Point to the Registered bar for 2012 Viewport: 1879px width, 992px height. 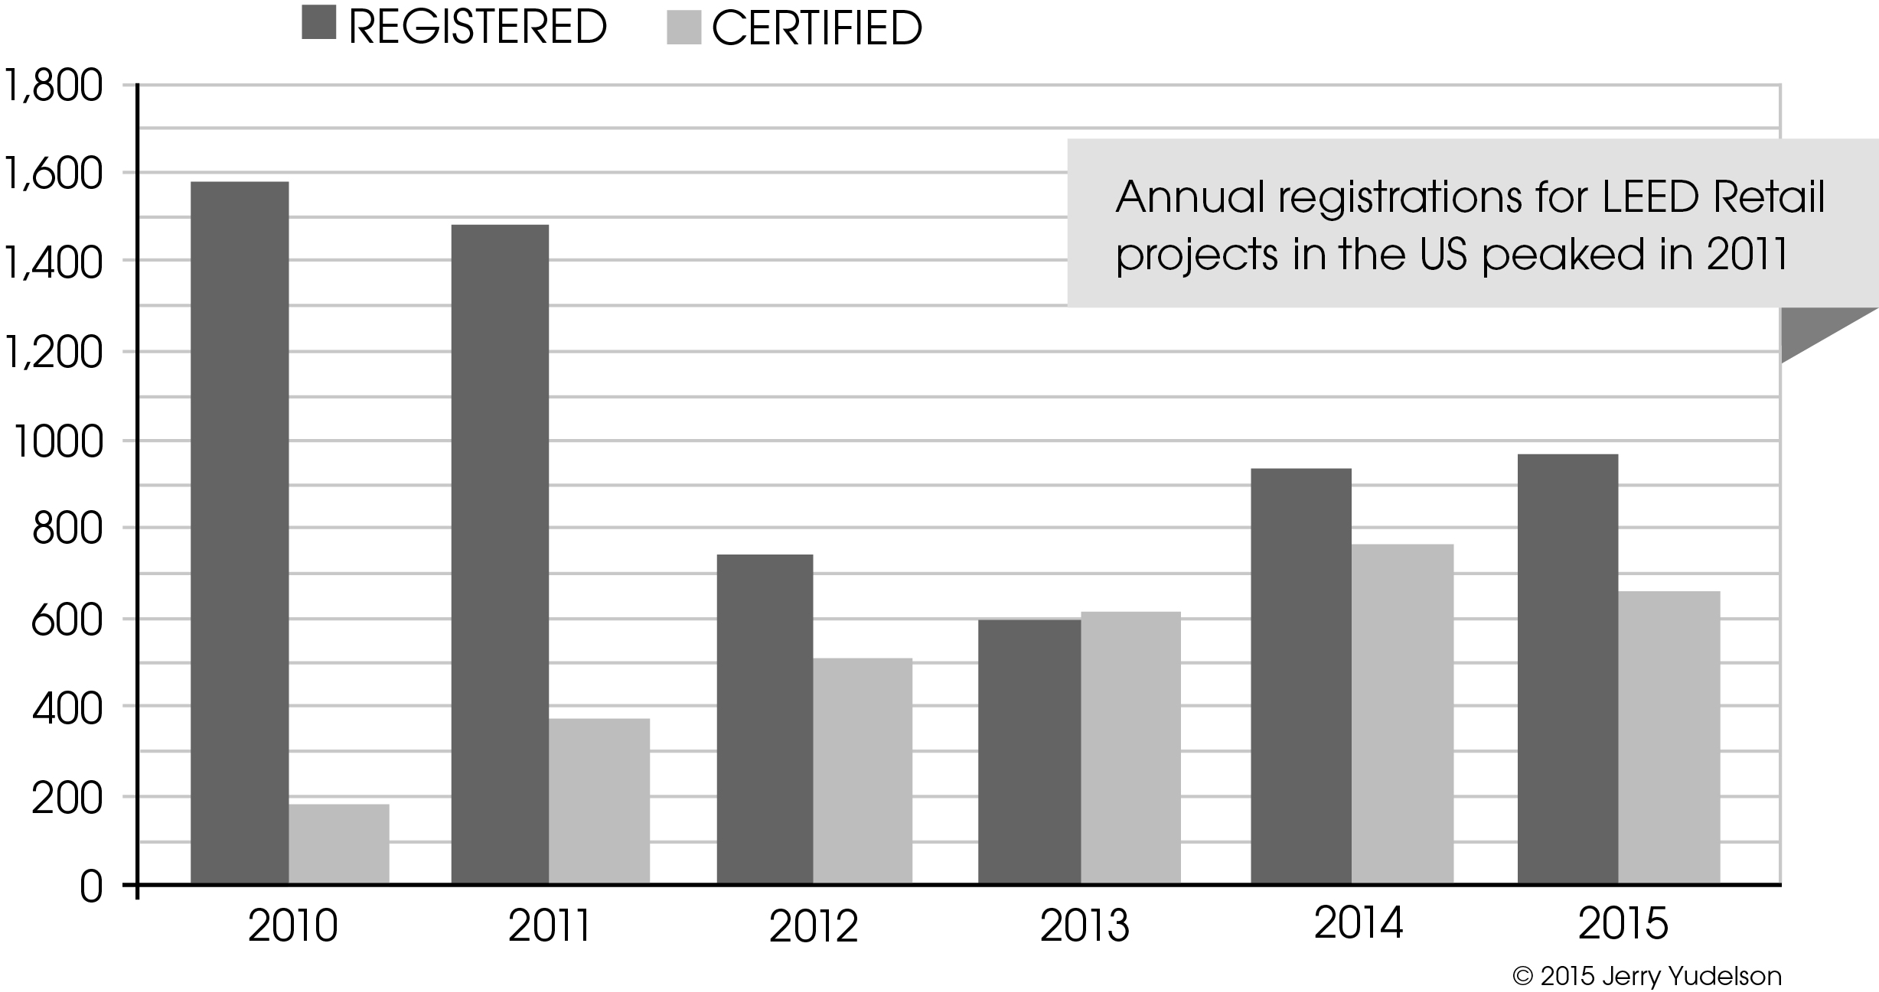765,719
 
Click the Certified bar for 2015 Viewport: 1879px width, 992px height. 1669,737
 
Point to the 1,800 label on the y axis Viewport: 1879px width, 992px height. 53,86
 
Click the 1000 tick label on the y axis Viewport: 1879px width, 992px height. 57,442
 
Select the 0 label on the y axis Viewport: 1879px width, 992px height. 90,888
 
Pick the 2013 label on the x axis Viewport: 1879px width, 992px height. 1085,925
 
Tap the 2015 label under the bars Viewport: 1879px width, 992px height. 1623,923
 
